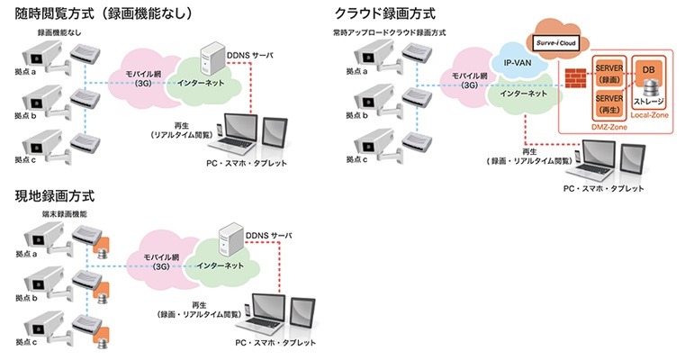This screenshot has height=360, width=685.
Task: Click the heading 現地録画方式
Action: tap(55, 194)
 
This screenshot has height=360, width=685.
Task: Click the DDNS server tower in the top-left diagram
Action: tap(213, 59)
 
